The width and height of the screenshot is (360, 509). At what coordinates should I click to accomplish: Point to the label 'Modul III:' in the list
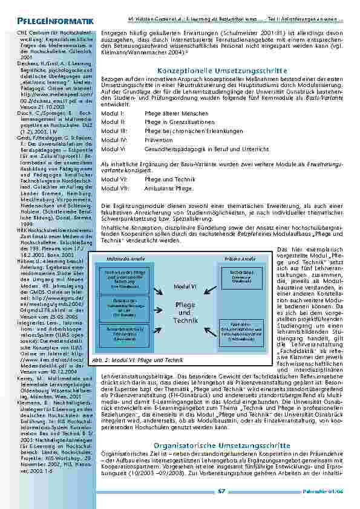tap(114, 131)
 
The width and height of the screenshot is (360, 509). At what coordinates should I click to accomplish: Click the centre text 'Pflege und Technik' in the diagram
tap(185, 312)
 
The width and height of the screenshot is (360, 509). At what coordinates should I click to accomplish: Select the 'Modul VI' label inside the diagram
tap(184, 286)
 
